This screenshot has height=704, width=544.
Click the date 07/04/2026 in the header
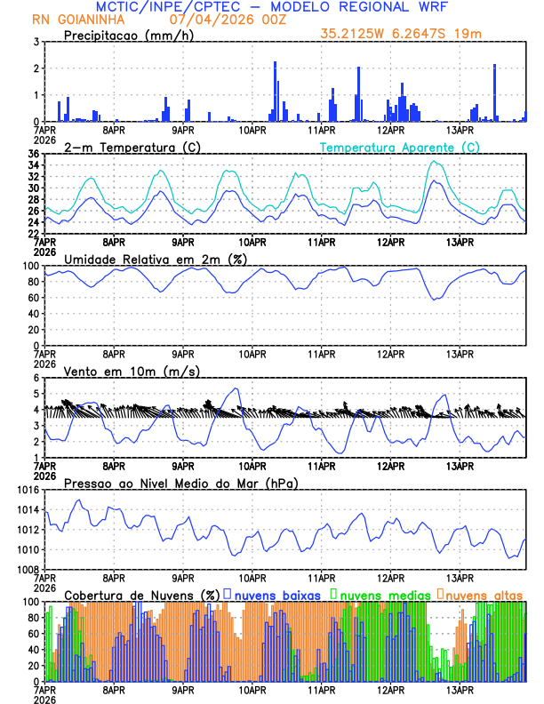[205, 20]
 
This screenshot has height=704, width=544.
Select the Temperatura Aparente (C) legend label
[399, 147]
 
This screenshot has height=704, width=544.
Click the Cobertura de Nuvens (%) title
[141, 594]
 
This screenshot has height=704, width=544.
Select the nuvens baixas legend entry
[276, 594]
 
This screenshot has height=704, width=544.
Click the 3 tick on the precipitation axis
[36, 42]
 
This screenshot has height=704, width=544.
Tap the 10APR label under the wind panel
[252, 465]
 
